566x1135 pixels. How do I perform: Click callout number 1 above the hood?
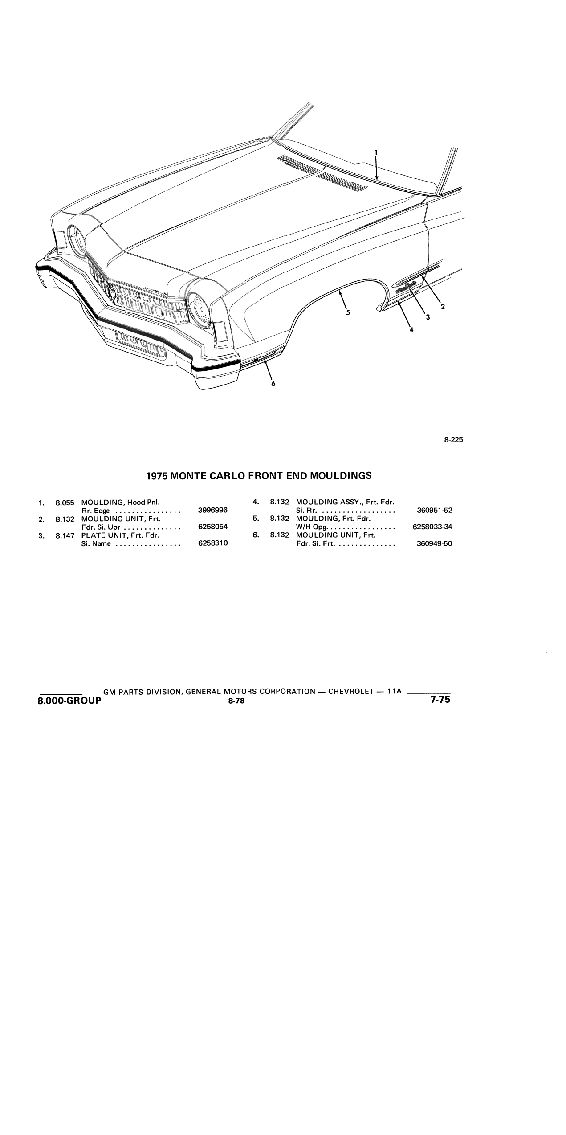tap(376, 153)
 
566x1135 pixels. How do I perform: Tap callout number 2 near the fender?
tap(443, 306)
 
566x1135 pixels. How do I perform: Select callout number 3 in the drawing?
tap(428, 317)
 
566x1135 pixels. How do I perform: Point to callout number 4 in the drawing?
tap(411, 330)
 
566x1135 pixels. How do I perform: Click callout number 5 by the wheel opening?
tap(348, 312)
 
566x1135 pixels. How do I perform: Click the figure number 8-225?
tap(454, 440)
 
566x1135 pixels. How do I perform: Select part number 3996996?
tap(213, 511)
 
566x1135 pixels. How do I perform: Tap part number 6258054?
tap(213, 527)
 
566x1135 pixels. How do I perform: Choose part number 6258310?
tap(213, 543)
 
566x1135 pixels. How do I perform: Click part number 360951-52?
tap(434, 511)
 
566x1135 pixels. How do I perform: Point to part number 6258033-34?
tap(432, 527)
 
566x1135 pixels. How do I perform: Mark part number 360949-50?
tap(434, 543)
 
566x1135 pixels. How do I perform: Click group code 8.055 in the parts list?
tap(65, 503)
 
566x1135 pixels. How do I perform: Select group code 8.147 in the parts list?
tap(65, 535)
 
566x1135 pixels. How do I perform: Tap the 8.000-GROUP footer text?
tap(69, 700)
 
